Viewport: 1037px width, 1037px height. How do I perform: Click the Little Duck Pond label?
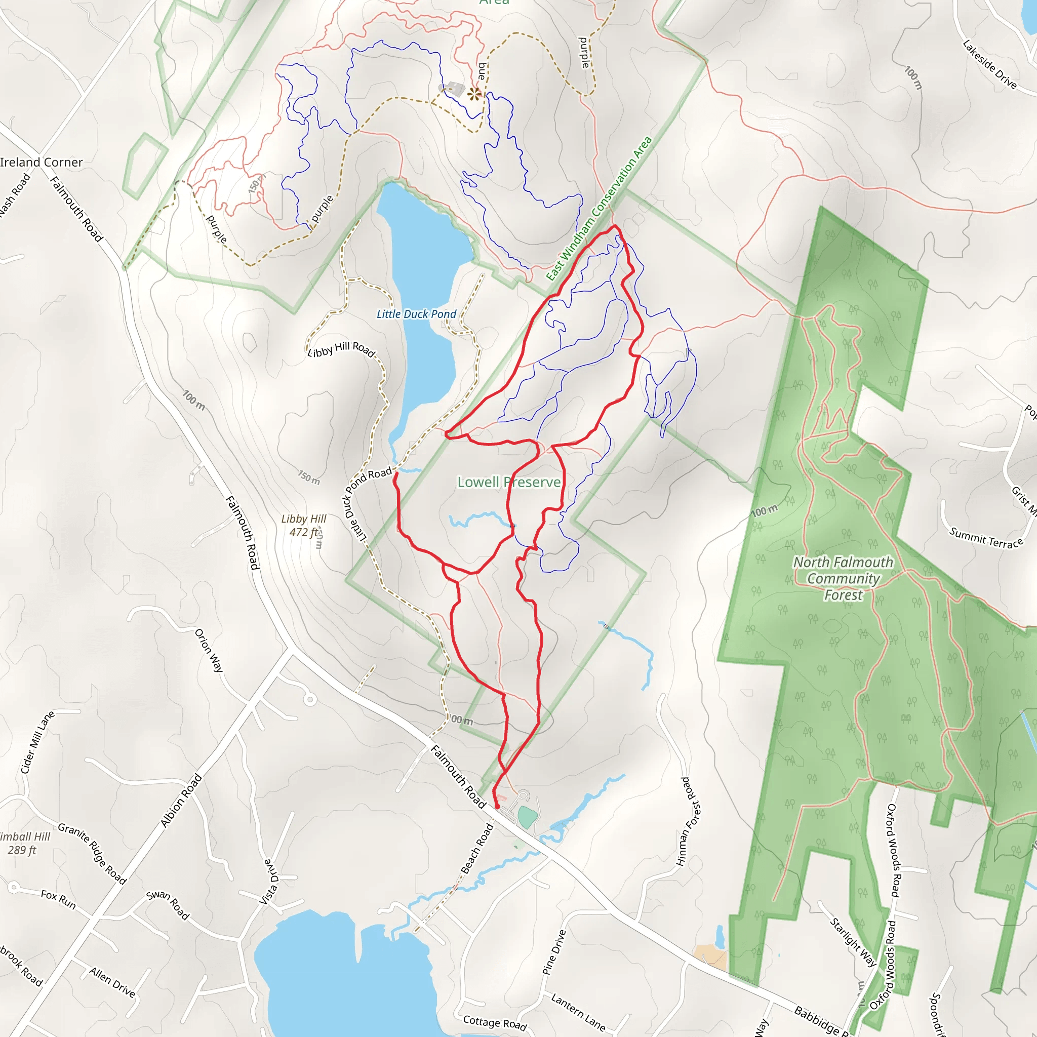point(416,314)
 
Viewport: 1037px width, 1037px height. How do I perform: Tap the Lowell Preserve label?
point(508,482)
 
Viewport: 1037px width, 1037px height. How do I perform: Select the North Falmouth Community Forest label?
point(843,578)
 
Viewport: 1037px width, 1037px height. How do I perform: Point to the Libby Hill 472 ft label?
point(304,525)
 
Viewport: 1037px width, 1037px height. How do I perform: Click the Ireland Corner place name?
point(42,162)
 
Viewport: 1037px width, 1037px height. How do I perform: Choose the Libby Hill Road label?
point(341,349)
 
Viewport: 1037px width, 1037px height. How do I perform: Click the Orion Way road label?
point(209,650)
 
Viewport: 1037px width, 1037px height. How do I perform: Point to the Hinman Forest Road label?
point(689,821)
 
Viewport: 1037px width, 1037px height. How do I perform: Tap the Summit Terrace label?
point(986,538)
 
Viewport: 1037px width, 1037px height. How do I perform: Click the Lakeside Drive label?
point(989,64)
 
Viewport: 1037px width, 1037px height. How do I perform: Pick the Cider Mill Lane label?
point(37,742)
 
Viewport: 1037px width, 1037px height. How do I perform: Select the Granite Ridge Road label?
point(92,853)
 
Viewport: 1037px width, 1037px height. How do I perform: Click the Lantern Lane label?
point(578,1012)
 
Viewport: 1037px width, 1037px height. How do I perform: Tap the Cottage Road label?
point(495,1023)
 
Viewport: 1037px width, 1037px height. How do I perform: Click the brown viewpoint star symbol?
point(474,95)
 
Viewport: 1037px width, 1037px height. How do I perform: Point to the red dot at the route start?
point(497,806)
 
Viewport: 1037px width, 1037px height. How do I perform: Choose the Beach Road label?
point(477,849)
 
